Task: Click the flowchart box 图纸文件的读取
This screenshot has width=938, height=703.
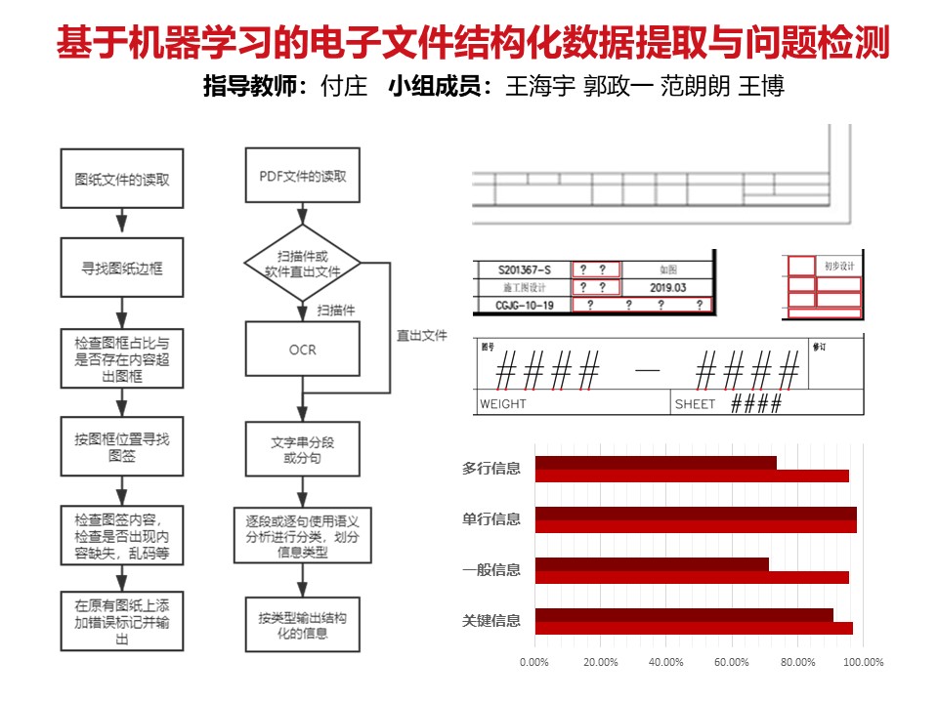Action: click(122, 179)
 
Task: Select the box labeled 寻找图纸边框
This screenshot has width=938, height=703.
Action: click(122, 267)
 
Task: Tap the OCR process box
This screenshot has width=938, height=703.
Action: click(303, 350)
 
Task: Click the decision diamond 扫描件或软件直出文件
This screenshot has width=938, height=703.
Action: click(303, 264)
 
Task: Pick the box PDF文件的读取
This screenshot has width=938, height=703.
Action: click(303, 177)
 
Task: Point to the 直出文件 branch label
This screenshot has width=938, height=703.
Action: click(421, 335)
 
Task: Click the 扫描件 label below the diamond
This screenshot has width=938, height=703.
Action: click(336, 310)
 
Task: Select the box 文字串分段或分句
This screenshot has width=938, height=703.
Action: click(303, 449)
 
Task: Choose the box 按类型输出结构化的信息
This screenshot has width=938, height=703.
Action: click(303, 626)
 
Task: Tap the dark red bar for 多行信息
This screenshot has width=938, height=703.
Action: click(656, 463)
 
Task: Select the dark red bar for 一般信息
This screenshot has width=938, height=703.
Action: click(652, 563)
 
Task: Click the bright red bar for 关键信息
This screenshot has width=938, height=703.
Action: click(694, 628)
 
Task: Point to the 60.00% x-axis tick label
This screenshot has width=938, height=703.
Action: click(731, 662)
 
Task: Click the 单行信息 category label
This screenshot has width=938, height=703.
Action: click(491, 518)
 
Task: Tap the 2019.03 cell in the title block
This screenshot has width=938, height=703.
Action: click(667, 287)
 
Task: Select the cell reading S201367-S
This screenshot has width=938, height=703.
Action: click(525, 269)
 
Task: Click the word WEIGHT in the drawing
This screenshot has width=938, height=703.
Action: click(503, 404)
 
